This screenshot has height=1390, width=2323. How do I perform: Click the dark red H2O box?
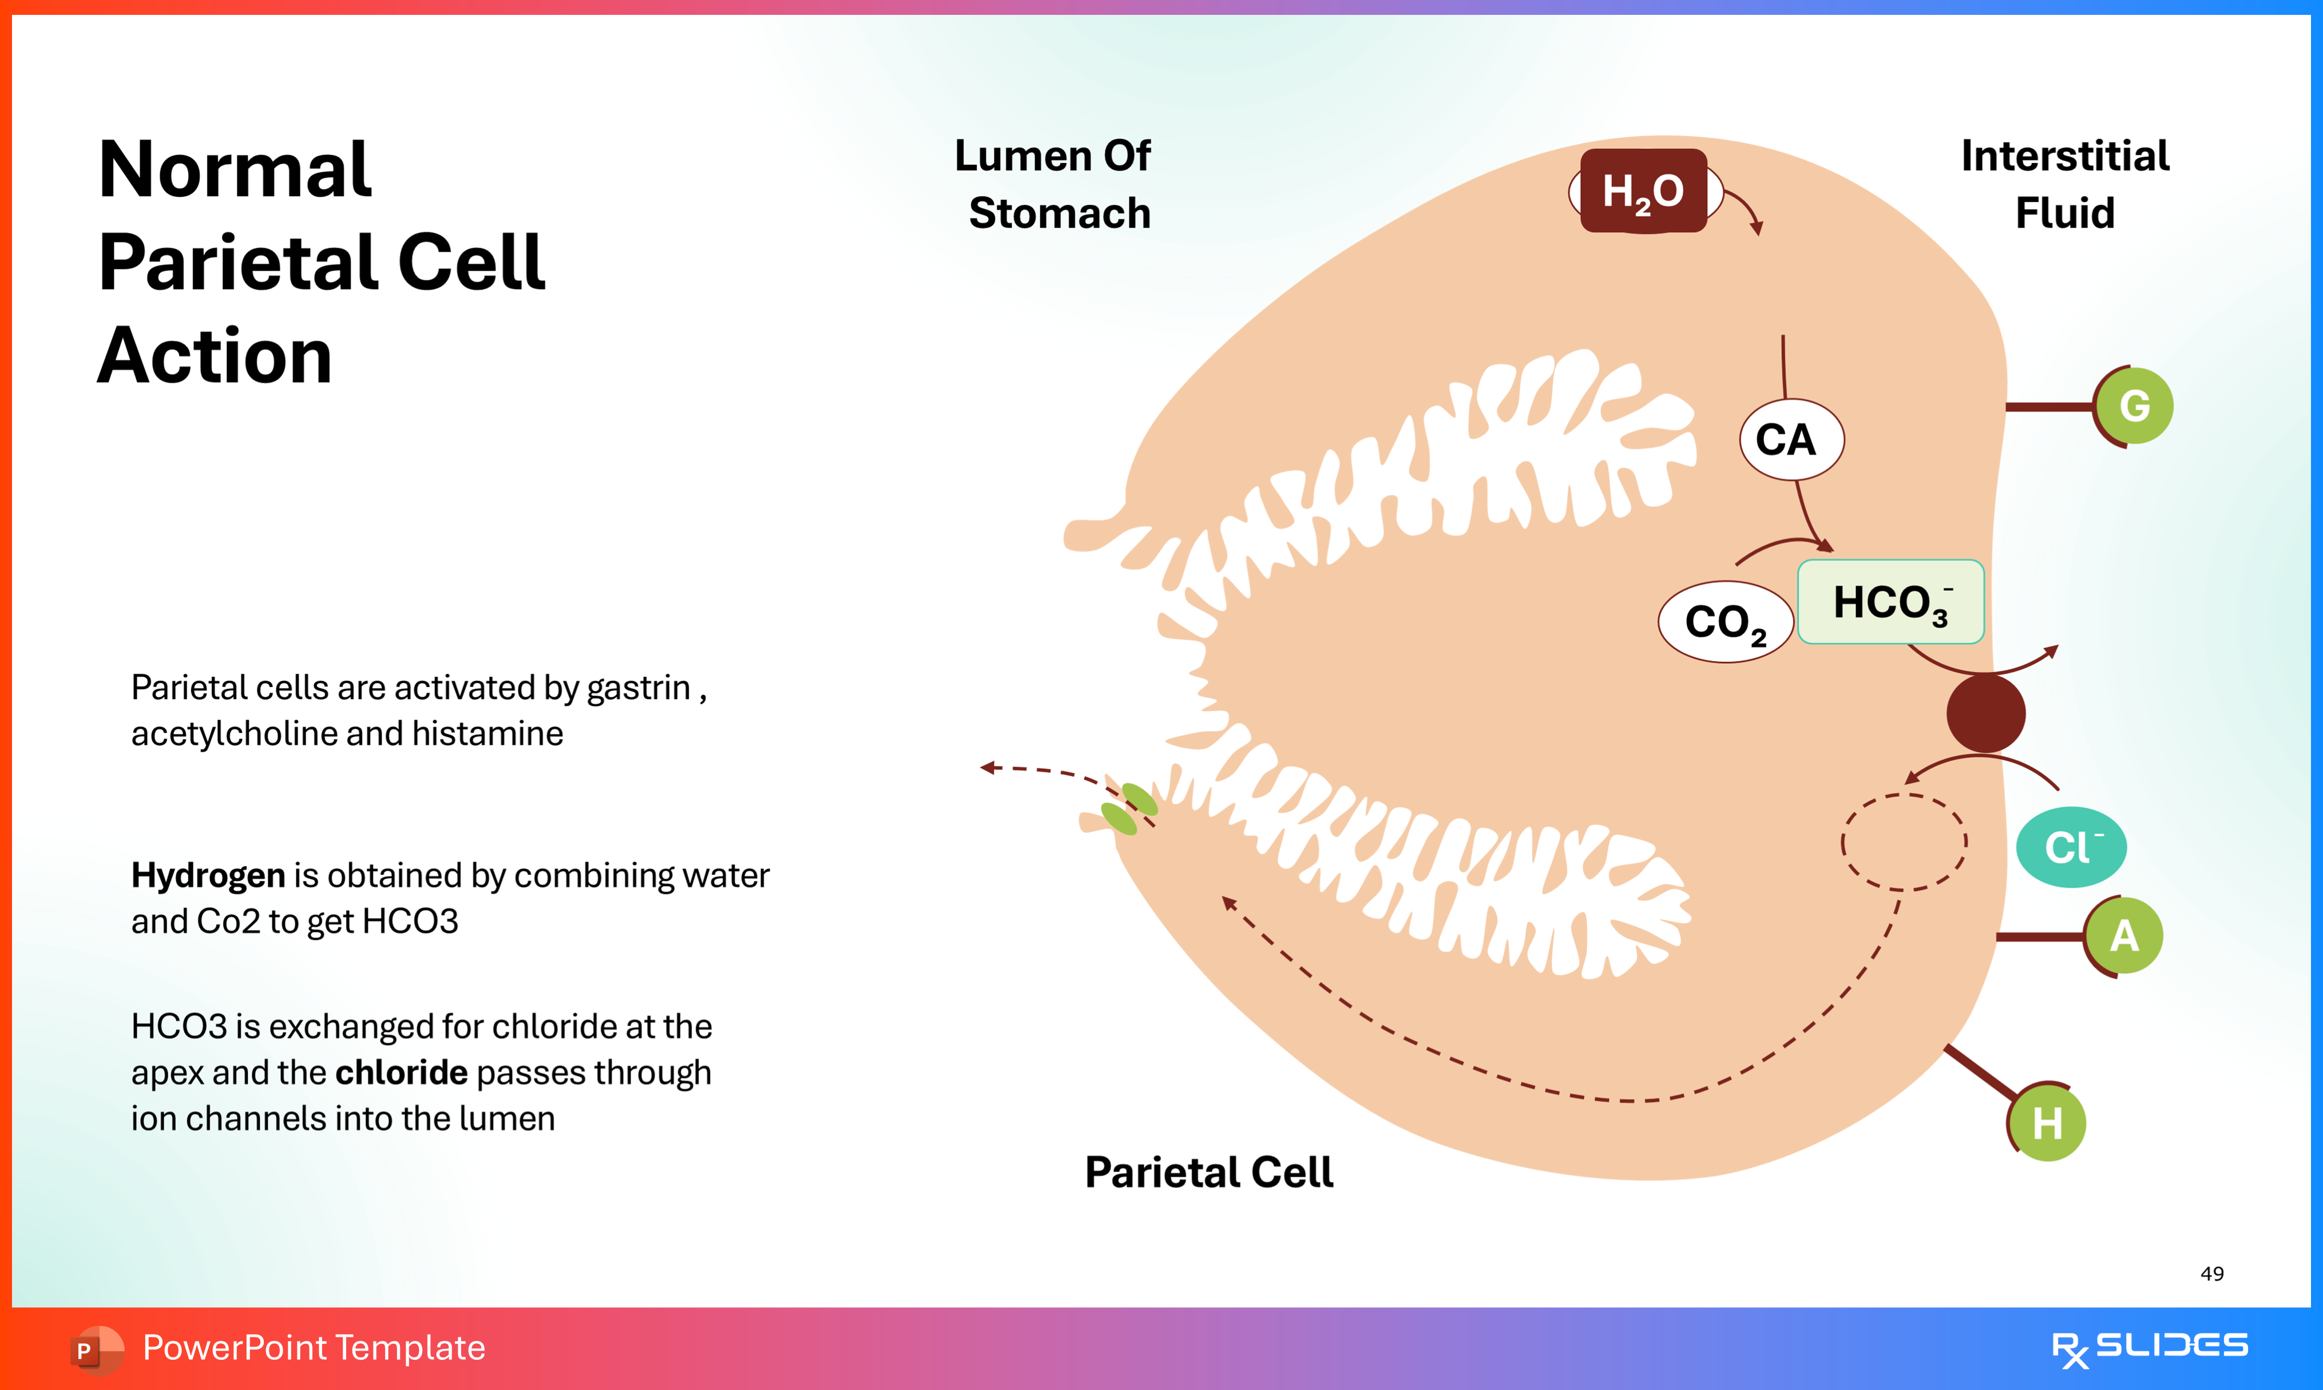1643,191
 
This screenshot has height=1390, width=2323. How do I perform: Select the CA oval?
1791,439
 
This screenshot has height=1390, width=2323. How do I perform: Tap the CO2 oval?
1725,622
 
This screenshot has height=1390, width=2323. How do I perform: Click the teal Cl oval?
2070,847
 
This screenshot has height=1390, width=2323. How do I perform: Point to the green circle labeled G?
2134,406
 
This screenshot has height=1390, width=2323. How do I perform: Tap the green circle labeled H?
2047,1122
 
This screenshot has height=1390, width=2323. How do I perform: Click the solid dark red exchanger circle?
1985,714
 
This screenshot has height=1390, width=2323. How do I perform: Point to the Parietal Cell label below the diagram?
1208,1171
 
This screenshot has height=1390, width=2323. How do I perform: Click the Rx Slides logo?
2149,1348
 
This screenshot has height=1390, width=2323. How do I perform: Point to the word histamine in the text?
487,733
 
